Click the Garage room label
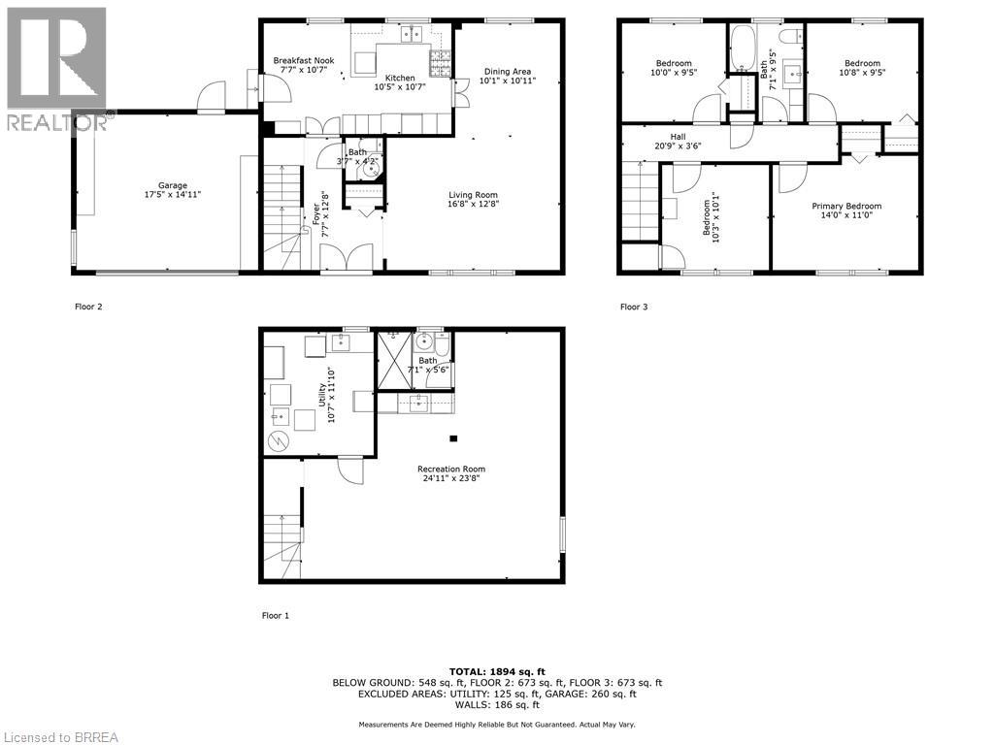click(x=173, y=185)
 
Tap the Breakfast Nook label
click(x=303, y=60)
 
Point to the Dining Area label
click(x=508, y=71)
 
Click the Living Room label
click(x=473, y=194)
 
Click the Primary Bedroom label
click(x=846, y=206)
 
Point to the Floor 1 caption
click(x=276, y=615)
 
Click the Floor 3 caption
click(x=634, y=307)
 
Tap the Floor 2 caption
click(x=88, y=307)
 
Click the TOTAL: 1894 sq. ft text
click(x=497, y=671)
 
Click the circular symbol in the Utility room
click(x=278, y=441)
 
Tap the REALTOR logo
click(x=55, y=68)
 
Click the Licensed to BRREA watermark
click(x=60, y=736)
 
